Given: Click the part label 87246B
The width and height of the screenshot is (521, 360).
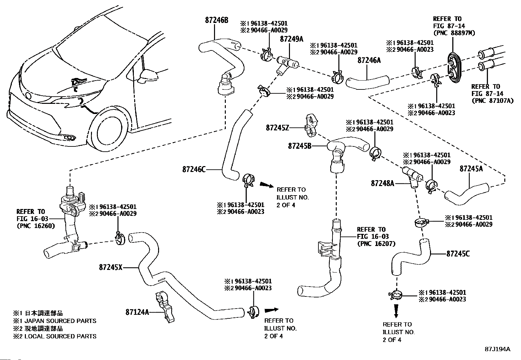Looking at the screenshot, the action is coord(217,20).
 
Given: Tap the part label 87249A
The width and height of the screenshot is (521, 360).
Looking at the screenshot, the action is coord(292,39).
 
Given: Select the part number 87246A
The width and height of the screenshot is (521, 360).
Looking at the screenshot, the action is coord(369,60).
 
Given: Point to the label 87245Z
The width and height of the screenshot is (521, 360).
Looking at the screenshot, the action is coord(278,128).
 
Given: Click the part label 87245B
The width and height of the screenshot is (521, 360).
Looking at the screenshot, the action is coord(299,146).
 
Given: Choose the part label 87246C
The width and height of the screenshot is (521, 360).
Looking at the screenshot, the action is coord(194,169).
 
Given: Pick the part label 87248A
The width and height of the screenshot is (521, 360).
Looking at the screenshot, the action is coord(383,183).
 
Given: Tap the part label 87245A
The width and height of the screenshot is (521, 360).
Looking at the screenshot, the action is coord(471,169).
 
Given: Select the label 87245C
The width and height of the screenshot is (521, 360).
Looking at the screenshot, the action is coord(458,254).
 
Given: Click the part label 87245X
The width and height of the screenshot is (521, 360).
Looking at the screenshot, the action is coord(111,267).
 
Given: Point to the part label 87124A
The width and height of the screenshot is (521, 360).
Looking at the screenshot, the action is coord(137,312).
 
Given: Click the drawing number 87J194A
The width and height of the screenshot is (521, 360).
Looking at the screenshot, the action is coord(497,349).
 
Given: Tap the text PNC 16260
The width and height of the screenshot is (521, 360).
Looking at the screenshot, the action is coord(36,226).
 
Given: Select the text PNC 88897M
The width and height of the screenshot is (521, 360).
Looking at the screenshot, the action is coord(454,33).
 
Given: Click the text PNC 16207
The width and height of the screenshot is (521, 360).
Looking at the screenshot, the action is coord(376,244).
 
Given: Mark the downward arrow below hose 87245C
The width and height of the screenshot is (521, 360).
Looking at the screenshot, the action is coord(396,311).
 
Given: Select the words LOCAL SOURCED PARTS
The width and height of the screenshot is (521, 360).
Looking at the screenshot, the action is coord(60,336).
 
